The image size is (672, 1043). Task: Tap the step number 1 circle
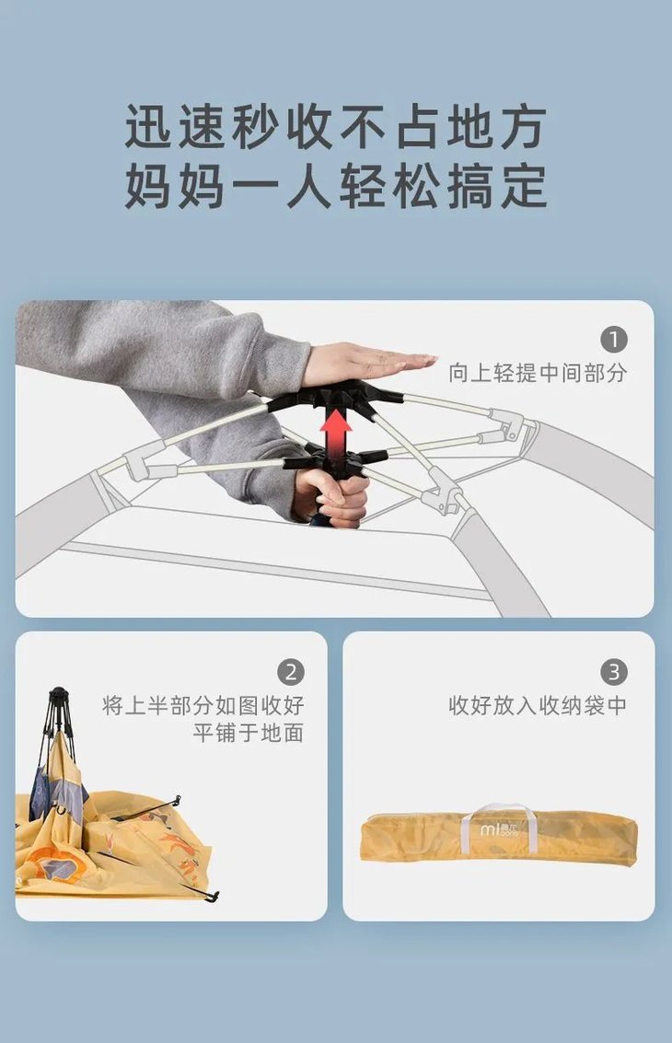(614, 340)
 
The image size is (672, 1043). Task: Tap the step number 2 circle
(291, 672)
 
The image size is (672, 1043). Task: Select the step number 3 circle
(614, 672)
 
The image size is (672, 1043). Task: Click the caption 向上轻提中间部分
(537, 373)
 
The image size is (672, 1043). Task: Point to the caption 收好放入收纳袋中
(537, 706)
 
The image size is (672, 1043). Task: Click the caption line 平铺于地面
(248, 734)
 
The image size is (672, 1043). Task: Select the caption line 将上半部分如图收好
(203, 706)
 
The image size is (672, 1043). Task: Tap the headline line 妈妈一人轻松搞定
(336, 186)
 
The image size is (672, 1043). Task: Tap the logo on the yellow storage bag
(499, 829)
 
